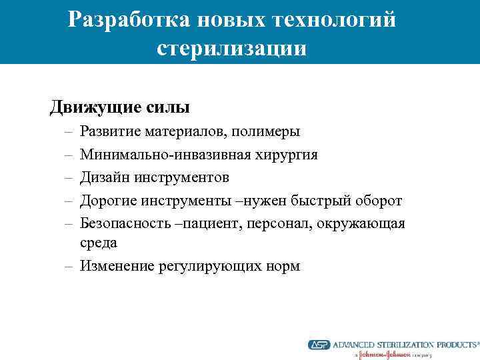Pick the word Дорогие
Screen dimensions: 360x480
pos(107,200)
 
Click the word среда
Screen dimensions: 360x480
pos(99,243)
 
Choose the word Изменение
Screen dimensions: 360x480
pos(117,266)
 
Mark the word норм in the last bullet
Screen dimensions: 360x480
pos(283,266)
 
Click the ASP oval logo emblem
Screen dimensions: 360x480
pos(319,345)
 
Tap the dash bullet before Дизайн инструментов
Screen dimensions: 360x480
pos(69,177)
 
